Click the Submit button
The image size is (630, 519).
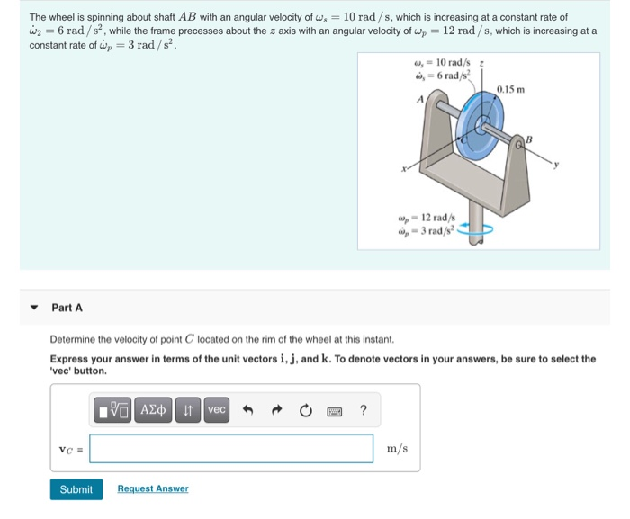pyautogui.click(x=76, y=489)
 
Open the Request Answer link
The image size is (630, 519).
pyautogui.click(x=153, y=488)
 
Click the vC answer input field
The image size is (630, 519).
pyautogui.click(x=231, y=449)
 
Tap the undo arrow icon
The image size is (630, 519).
pyautogui.click(x=248, y=411)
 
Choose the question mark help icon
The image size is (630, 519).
pyautogui.click(x=363, y=411)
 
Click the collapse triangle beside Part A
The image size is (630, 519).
pyautogui.click(x=34, y=308)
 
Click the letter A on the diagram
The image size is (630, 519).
pyautogui.click(x=419, y=101)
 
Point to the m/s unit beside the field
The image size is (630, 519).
pyautogui.click(x=397, y=449)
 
